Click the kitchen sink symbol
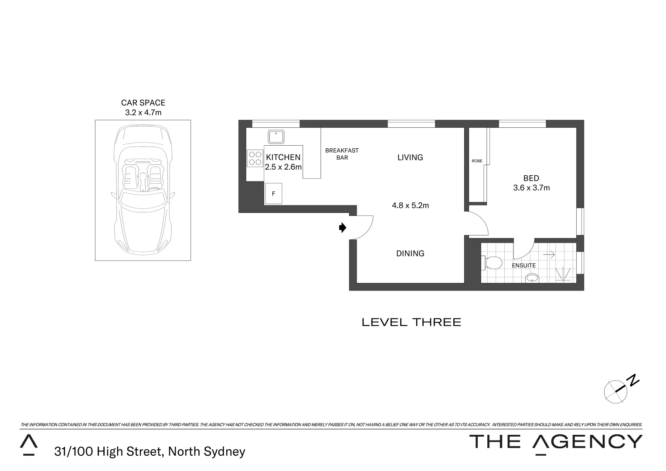point(276,137)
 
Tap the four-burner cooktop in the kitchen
point(255,158)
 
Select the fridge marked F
point(274,194)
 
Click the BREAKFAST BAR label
point(342,154)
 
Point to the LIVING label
point(410,157)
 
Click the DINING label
point(410,253)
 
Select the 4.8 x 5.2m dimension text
point(410,205)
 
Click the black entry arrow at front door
point(343,228)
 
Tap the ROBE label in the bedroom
point(477,161)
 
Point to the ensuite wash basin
point(532,278)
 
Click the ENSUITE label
point(523,265)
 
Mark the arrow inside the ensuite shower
point(549,254)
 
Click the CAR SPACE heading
point(143,103)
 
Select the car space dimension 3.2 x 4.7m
point(143,113)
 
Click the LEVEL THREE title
point(411,322)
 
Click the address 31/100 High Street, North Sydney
point(150,451)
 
